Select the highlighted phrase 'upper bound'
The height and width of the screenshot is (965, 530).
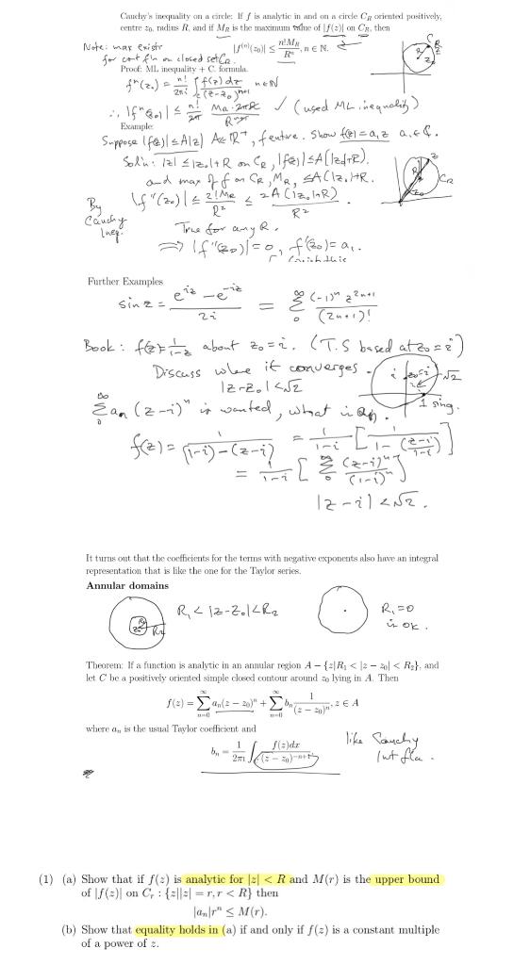(406, 879)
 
